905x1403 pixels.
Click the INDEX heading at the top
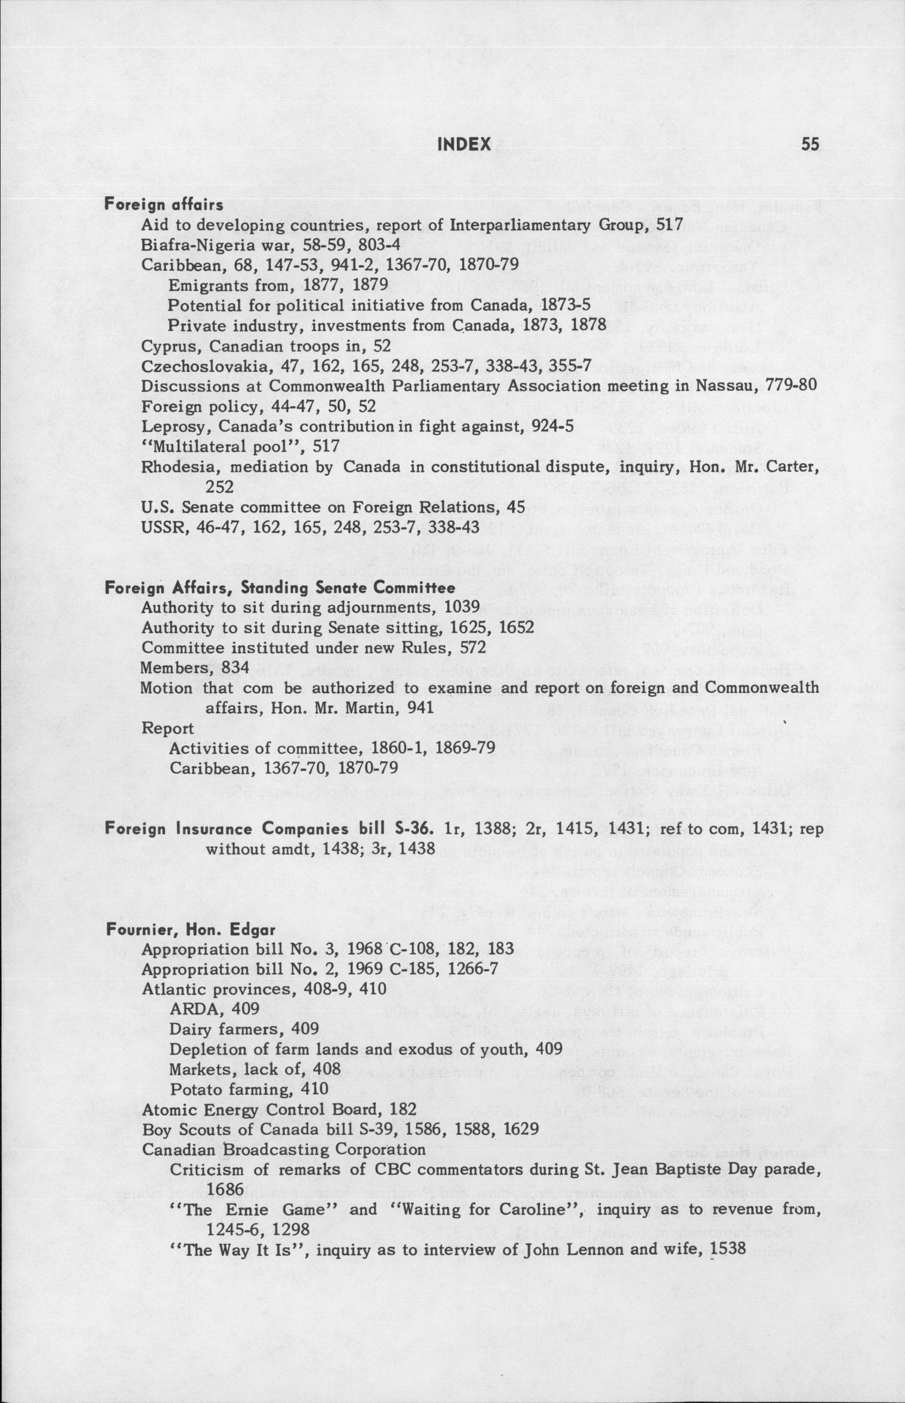tap(464, 144)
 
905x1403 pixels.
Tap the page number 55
tap(810, 144)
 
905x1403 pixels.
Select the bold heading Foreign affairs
tap(164, 205)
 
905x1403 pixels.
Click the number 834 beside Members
tap(236, 668)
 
